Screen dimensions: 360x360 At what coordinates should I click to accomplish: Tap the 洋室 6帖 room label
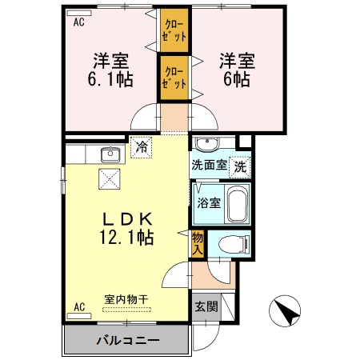pyautogui.click(x=236, y=69)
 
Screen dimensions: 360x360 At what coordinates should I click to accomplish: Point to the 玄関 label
pyautogui.click(x=203, y=306)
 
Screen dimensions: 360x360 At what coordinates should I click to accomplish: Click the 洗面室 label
pyautogui.click(x=208, y=168)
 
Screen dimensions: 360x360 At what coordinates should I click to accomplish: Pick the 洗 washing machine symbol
pyautogui.click(x=239, y=168)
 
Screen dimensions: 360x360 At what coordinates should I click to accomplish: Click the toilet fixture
pyautogui.click(x=233, y=243)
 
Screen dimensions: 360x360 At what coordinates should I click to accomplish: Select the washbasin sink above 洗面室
pyautogui.click(x=208, y=144)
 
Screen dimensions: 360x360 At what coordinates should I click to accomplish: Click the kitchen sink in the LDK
pyautogui.click(x=110, y=155)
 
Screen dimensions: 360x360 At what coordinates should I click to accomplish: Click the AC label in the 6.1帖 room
pyautogui.click(x=79, y=22)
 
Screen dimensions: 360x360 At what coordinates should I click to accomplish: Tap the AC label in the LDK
pyautogui.click(x=79, y=306)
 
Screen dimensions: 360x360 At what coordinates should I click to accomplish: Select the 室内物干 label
pyautogui.click(x=126, y=299)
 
